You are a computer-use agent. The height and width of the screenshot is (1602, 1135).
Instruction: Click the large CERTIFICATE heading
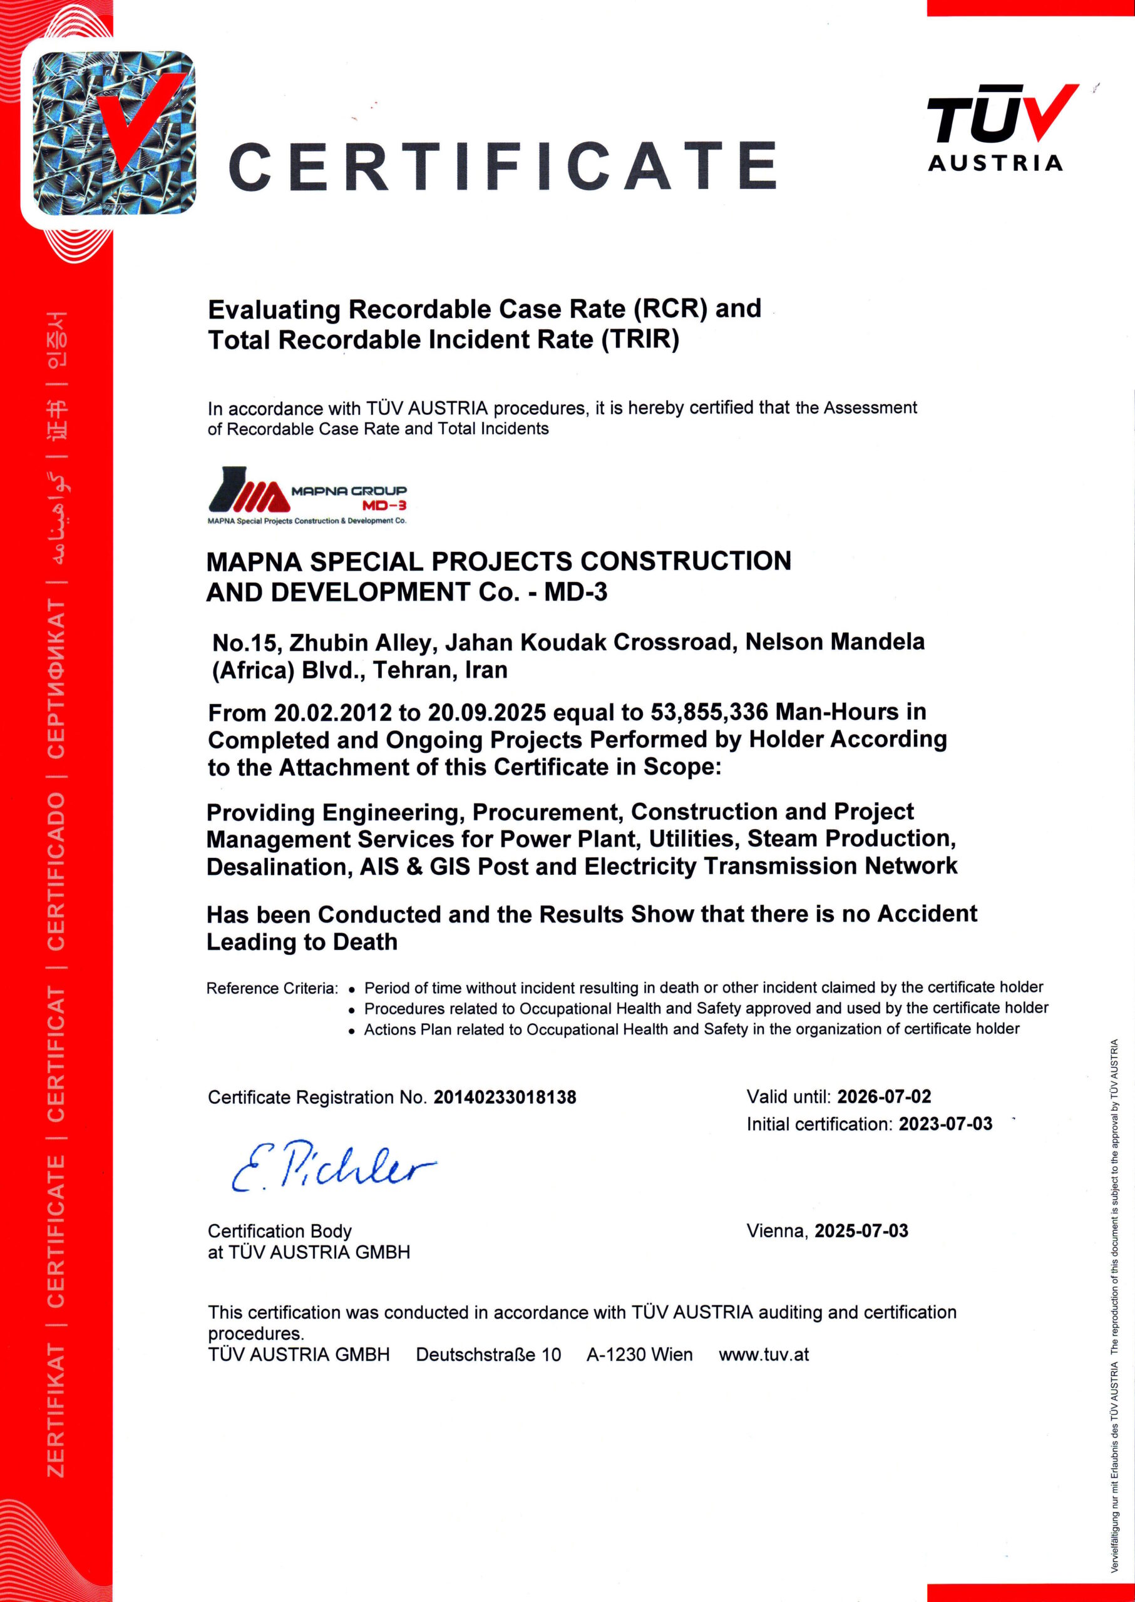pyautogui.click(x=503, y=166)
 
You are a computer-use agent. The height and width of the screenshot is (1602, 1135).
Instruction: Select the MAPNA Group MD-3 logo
pyautogui.click(x=307, y=496)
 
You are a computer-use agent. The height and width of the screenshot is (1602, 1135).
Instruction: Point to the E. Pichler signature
pyautogui.click(x=331, y=1166)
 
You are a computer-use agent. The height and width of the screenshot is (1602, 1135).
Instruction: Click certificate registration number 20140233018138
pyautogui.click(x=505, y=1097)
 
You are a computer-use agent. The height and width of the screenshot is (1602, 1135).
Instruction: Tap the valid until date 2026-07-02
pyautogui.click(x=884, y=1096)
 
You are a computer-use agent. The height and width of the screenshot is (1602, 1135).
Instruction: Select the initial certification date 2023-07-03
pyautogui.click(x=945, y=1124)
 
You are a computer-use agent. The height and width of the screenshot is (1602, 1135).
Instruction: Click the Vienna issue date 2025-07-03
pyautogui.click(x=861, y=1230)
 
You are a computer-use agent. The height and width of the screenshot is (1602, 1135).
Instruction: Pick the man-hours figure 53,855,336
pyautogui.click(x=709, y=712)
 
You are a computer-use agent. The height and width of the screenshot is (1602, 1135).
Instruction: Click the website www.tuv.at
pyautogui.click(x=763, y=1355)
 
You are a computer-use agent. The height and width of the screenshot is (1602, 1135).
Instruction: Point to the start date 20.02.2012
pyautogui.click(x=332, y=713)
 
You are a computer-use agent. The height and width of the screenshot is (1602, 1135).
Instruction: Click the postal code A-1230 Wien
pyautogui.click(x=639, y=1355)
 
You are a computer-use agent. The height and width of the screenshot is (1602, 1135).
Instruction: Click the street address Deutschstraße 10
pyautogui.click(x=488, y=1355)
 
